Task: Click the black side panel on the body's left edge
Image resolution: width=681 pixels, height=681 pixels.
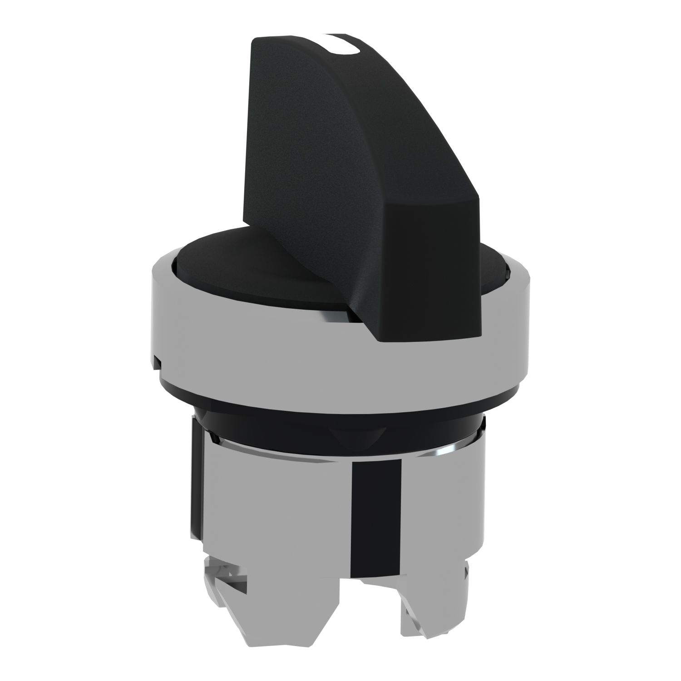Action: (193, 490)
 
